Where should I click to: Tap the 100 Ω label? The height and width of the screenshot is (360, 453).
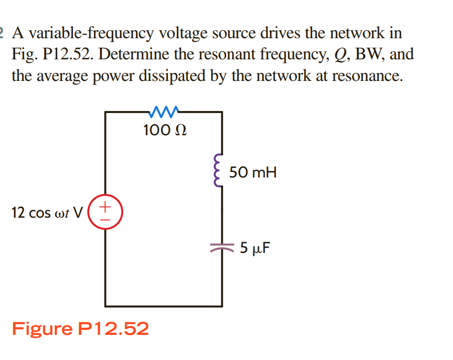(x=164, y=131)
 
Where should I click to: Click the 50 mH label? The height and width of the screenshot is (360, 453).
(x=253, y=173)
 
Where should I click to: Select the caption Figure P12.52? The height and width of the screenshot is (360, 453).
(x=80, y=329)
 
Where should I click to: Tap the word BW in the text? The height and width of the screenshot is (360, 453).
(x=368, y=54)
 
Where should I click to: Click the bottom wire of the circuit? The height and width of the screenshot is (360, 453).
(x=163, y=305)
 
